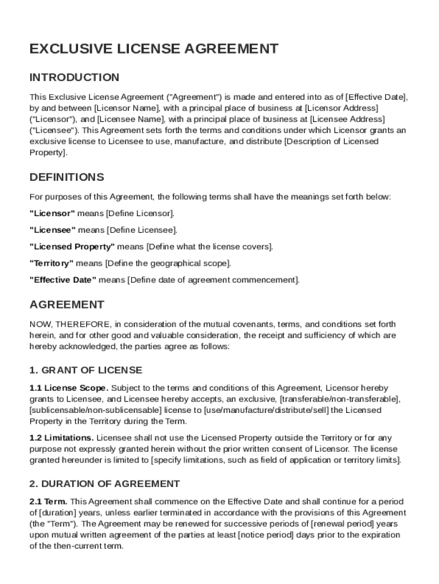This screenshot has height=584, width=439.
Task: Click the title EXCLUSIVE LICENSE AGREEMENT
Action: click(154, 49)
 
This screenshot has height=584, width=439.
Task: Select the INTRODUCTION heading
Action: click(74, 77)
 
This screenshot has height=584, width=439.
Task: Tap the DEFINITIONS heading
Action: click(67, 177)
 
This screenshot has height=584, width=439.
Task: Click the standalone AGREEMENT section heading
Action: click(67, 305)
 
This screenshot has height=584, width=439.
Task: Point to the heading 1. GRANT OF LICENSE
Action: click(86, 370)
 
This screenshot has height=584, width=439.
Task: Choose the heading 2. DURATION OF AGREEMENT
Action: click(104, 484)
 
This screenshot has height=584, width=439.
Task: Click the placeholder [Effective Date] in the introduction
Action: click(376, 96)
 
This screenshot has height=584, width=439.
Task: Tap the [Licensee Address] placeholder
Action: click(347, 119)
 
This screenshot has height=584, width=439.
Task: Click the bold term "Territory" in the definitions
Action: click(51, 263)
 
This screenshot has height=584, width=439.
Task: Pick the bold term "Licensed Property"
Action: click(72, 247)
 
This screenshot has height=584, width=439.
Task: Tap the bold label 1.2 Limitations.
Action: click(62, 438)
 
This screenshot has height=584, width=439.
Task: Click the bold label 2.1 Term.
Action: click(48, 502)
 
